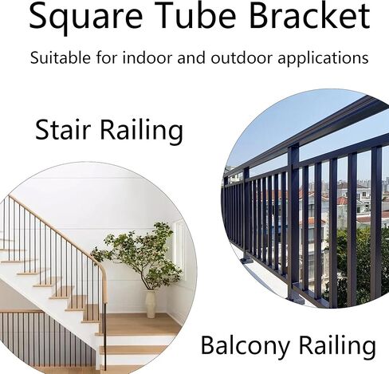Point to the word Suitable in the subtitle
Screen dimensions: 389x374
(x=61, y=57)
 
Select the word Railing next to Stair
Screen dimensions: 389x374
(x=142, y=132)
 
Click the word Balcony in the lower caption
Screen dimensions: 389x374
(x=245, y=345)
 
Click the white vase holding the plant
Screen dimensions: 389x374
(x=151, y=304)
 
